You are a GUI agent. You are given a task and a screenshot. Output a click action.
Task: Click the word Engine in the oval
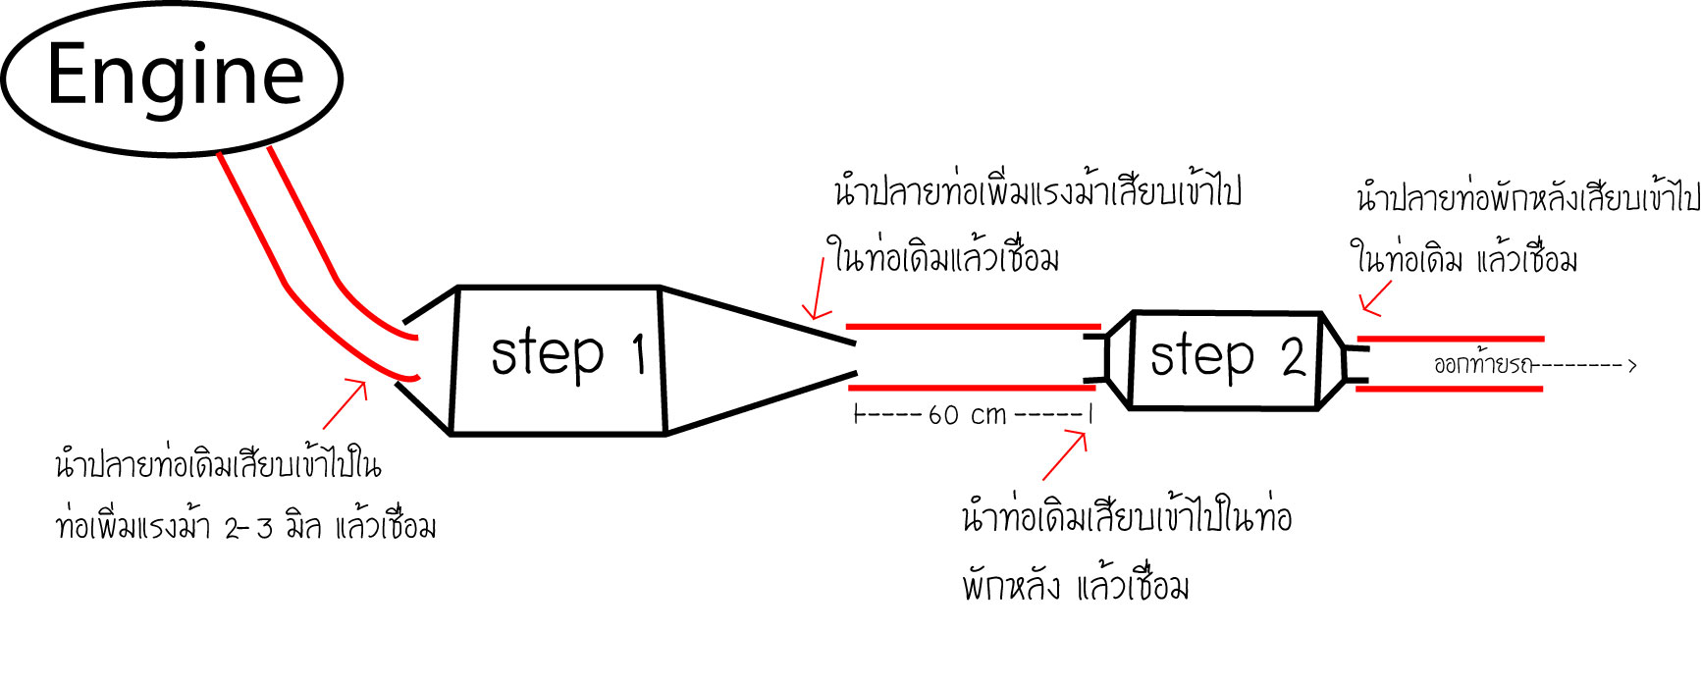coord(176,76)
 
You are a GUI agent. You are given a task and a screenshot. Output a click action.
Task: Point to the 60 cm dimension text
coord(968,415)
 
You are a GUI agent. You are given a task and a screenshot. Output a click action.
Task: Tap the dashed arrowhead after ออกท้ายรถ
coord(1631,366)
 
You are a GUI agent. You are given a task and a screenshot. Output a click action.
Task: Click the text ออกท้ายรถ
coord(1482,366)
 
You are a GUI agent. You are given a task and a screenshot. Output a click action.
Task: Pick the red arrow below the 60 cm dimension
coord(1065,454)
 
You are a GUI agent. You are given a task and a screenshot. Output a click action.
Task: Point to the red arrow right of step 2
coord(1376,298)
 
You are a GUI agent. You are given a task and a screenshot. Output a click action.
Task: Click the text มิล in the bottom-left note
coord(303,527)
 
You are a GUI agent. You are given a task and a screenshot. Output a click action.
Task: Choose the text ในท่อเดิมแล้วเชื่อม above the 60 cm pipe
coord(945,258)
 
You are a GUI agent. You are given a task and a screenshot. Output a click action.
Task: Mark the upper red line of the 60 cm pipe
coord(972,326)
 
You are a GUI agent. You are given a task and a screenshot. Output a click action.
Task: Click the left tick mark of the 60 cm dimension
coord(857,415)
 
